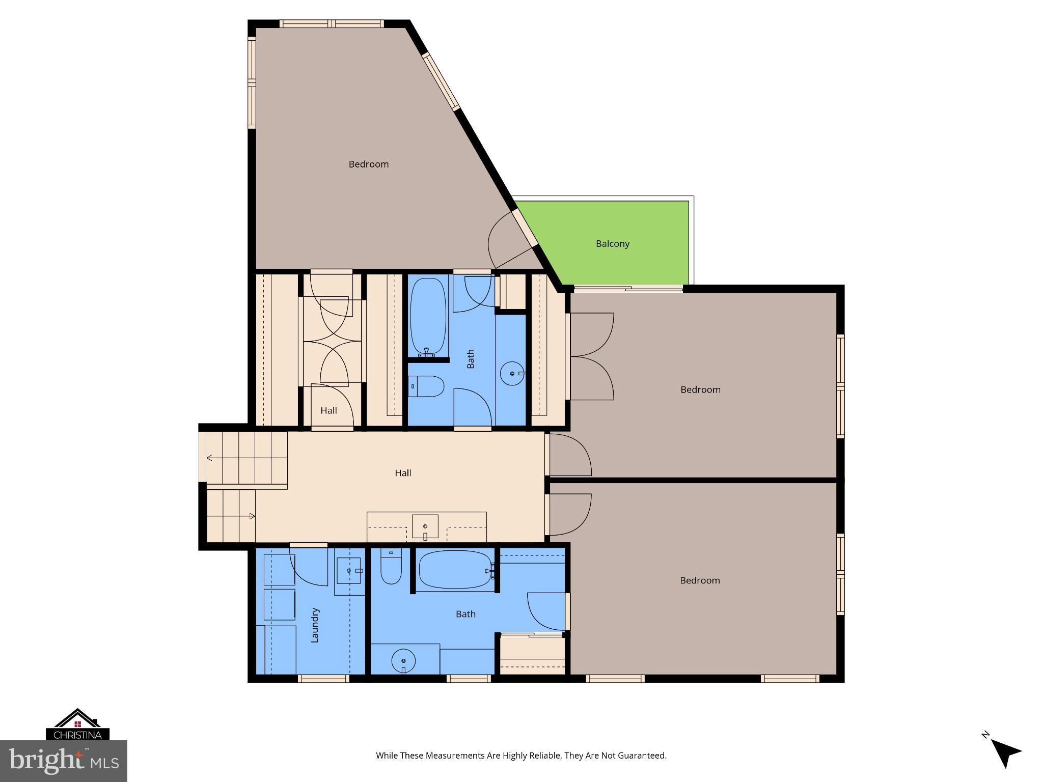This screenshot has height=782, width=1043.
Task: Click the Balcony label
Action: tap(613, 244)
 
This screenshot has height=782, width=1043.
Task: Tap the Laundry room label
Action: tap(315, 625)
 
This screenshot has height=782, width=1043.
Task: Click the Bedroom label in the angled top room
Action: tap(368, 164)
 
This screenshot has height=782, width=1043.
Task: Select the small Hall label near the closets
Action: tap(328, 410)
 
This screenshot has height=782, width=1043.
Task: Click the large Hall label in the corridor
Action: tap(403, 473)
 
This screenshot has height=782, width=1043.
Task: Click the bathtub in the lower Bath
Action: tap(455, 570)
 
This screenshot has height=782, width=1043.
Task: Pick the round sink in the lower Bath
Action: tap(403, 661)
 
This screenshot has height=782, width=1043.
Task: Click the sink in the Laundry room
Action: tap(349, 571)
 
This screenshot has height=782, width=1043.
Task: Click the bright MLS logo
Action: tap(64, 761)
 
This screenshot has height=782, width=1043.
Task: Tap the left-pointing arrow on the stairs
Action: tap(210, 458)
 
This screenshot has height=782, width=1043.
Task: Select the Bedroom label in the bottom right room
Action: tap(700, 580)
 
